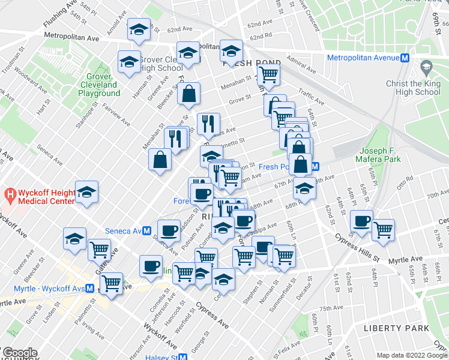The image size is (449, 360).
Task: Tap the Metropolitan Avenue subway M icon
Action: [405, 58]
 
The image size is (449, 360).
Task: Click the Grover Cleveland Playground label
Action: [94, 85]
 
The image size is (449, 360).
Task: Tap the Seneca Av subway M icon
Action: [146, 231]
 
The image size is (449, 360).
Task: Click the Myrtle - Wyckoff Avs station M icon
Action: [89, 288]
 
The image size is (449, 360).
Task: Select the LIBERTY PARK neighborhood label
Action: [396, 328]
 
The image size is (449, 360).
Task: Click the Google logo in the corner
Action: [19, 353]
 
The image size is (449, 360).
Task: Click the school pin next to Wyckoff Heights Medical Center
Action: [87, 191]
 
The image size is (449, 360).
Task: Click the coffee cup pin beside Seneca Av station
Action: [169, 230]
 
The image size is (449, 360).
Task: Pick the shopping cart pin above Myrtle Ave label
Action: [382, 229]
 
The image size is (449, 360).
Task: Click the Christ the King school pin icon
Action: [427, 66]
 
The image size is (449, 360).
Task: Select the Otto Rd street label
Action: [406, 179]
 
